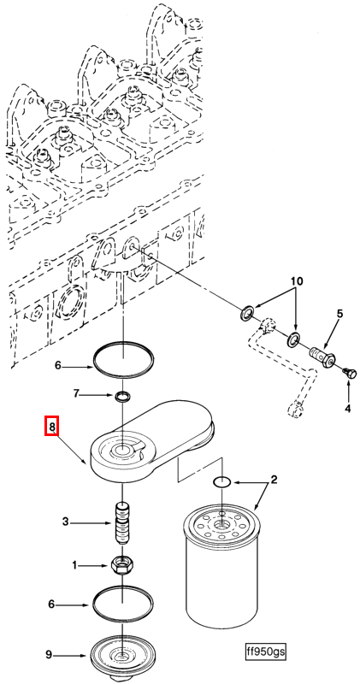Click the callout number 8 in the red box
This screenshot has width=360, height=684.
click(x=51, y=427)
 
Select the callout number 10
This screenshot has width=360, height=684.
click(x=297, y=281)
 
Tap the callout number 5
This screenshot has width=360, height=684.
click(x=339, y=313)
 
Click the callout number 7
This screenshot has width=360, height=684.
click(x=77, y=395)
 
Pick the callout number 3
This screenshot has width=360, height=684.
click(x=66, y=522)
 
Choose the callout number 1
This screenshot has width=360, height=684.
click(x=74, y=566)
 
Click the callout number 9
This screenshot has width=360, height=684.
click(x=50, y=654)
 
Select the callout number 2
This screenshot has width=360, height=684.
click(x=274, y=481)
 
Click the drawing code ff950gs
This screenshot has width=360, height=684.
click(x=266, y=652)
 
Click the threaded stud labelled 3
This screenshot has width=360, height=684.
click(x=123, y=523)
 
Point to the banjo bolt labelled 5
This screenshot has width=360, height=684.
click(x=322, y=356)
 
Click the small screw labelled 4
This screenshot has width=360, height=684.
click(x=350, y=374)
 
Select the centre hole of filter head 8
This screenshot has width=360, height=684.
click(x=122, y=450)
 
